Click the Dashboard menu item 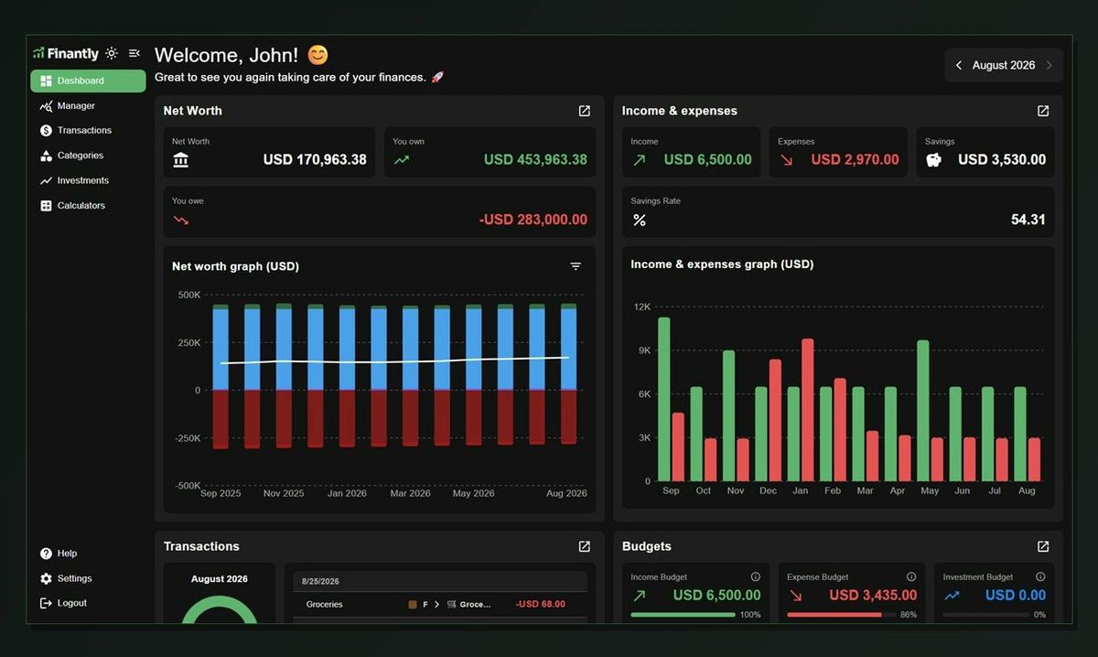(x=88, y=81)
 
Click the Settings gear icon (x=46, y=578)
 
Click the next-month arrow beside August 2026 (x=1049, y=65)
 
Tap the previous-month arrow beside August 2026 (x=959, y=65)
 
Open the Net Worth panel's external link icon (x=585, y=111)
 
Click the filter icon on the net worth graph (x=576, y=266)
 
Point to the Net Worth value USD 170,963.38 (x=315, y=159)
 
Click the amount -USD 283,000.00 (x=533, y=220)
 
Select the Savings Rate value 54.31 (x=1028, y=220)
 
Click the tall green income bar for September (x=663, y=399)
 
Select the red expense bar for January (x=808, y=410)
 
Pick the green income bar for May (x=923, y=410)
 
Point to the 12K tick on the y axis (x=642, y=307)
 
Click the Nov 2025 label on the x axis (x=284, y=493)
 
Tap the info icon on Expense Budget (x=911, y=576)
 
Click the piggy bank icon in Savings (x=934, y=160)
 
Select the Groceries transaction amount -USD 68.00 (x=540, y=604)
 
